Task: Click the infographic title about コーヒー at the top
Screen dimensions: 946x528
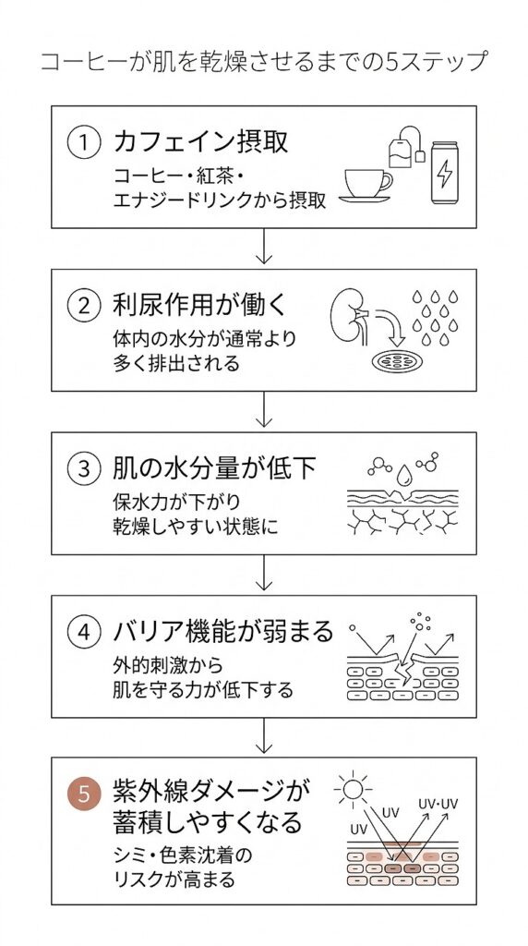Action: [263, 62]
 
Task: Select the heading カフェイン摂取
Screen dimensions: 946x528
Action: [200, 142]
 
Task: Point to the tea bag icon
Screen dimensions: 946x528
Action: [402, 148]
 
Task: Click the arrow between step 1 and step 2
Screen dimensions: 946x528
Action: [264, 247]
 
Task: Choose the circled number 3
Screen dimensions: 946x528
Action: [84, 469]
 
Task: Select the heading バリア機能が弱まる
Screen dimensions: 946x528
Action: [222, 632]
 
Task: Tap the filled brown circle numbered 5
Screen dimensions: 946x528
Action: [84, 794]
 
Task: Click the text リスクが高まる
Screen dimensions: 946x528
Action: [173, 879]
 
